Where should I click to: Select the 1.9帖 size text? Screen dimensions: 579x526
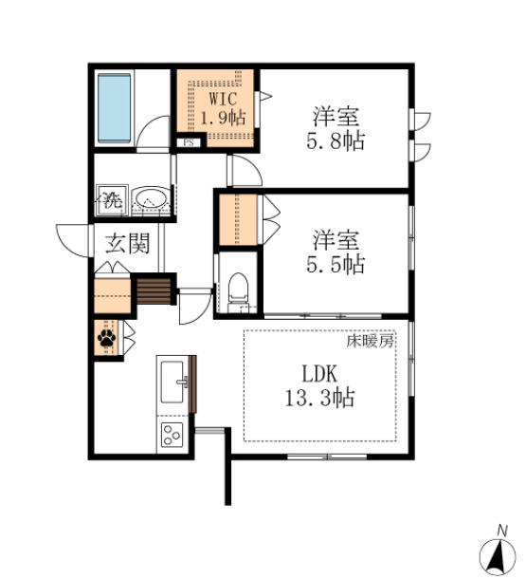[x=223, y=119]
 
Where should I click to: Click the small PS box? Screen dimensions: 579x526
[x=189, y=144]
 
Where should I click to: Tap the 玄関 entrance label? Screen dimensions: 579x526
[x=126, y=244]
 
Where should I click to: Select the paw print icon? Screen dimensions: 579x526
[x=106, y=337]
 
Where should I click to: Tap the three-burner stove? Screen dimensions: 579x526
[x=172, y=436]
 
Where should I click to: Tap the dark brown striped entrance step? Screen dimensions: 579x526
[x=154, y=289]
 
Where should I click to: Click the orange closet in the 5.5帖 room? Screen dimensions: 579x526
[x=238, y=220]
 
